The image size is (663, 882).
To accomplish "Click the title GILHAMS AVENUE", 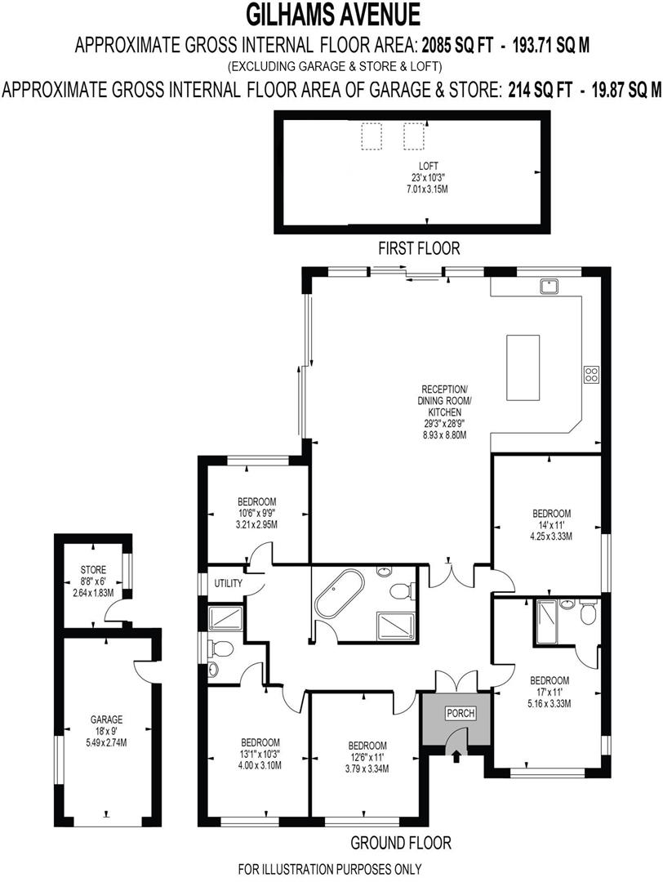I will (x=331, y=15).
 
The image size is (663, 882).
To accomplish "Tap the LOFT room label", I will (x=429, y=166).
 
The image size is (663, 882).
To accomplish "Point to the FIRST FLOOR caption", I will (x=419, y=247).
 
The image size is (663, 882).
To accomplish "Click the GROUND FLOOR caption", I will (x=401, y=842).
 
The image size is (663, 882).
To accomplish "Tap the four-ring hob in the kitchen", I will (x=591, y=375).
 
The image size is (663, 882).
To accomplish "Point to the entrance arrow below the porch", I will (x=456, y=759).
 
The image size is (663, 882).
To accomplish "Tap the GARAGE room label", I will (x=106, y=719).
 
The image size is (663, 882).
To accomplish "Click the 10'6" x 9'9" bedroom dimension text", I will (x=256, y=513).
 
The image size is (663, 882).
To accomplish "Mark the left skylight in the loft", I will (x=373, y=135).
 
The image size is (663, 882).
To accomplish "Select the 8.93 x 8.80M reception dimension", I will (x=444, y=435).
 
